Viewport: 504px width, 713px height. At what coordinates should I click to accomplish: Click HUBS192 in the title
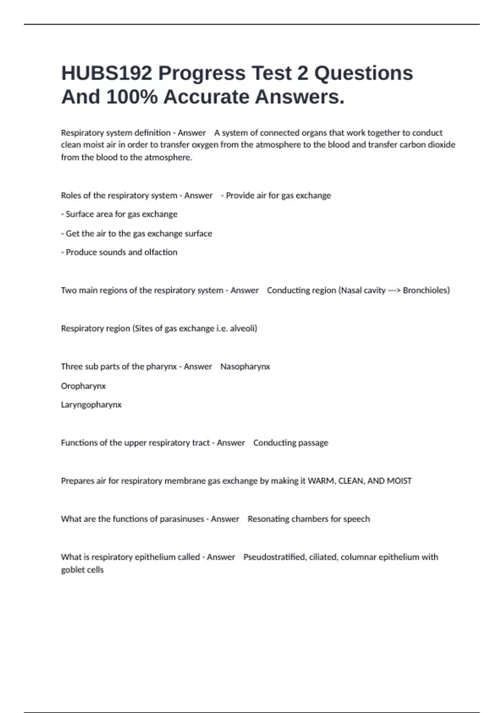coord(106,73)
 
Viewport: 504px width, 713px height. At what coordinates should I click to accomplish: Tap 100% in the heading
coord(132,97)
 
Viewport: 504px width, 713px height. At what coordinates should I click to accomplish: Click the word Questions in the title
coord(364,73)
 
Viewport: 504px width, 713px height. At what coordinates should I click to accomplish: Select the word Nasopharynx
coord(245,367)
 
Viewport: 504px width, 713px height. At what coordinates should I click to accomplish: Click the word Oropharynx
coord(83,386)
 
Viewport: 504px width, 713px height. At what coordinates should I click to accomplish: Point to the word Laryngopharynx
coord(91,405)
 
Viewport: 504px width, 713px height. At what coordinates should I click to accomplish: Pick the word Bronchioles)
coord(426,290)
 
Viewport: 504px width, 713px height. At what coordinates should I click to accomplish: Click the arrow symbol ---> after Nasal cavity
coord(394,290)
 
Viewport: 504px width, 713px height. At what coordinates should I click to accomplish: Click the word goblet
coord(72,570)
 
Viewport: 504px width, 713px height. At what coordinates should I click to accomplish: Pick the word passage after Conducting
coord(314,443)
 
